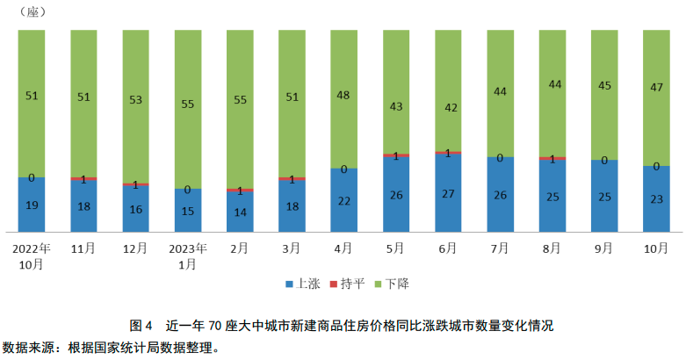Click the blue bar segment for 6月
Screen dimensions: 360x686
(x=448, y=195)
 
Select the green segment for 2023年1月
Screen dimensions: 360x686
(x=188, y=109)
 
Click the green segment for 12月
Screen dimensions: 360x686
(x=135, y=106)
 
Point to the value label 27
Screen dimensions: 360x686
(x=448, y=193)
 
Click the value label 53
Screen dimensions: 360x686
(x=135, y=100)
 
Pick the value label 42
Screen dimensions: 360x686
(x=448, y=107)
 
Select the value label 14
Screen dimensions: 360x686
(x=240, y=212)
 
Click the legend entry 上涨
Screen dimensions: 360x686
(x=302, y=284)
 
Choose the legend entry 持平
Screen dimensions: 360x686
(x=350, y=284)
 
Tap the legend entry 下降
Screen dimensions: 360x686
(x=395, y=284)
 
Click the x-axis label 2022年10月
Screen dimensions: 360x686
(x=32, y=256)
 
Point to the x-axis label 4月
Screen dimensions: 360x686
(x=343, y=249)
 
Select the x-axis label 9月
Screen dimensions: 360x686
(x=603, y=249)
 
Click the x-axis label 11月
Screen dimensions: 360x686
(x=83, y=249)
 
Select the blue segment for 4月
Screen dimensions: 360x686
(x=343, y=200)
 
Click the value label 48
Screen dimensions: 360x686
(x=343, y=95)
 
